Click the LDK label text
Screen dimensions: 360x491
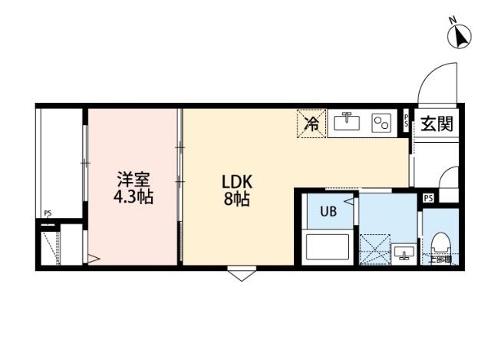pyautogui.click(x=237, y=182)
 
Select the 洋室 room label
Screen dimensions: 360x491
pyautogui.click(x=133, y=180)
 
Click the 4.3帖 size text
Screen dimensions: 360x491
pyautogui.click(x=133, y=197)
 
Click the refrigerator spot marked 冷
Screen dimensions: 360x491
pyautogui.click(x=312, y=123)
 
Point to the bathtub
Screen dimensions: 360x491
pyautogui.click(x=327, y=247)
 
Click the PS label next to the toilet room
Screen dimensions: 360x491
pyautogui.click(x=428, y=198)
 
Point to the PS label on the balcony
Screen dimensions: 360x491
pyautogui.click(x=48, y=214)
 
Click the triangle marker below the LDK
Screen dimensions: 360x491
pyautogui.click(x=240, y=273)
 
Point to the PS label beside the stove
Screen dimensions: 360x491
pyautogui.click(x=406, y=121)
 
